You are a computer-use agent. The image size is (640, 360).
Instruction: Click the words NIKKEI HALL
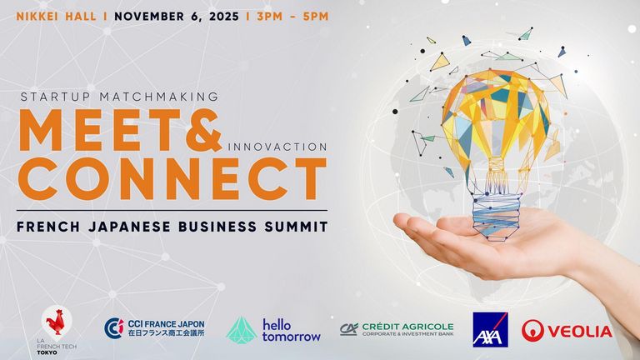[57, 17]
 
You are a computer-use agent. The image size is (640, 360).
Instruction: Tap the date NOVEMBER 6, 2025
[177, 17]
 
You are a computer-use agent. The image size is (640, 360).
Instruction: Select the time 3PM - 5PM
[292, 17]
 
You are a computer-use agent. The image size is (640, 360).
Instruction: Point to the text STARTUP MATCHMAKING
[120, 97]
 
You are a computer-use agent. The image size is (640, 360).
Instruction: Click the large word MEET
[100, 130]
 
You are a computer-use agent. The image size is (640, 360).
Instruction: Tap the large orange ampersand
[203, 130]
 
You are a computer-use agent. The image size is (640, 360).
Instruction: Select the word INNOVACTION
[277, 147]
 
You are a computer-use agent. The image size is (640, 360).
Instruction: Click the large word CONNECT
[172, 178]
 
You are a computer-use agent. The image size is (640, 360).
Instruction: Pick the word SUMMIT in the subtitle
[296, 227]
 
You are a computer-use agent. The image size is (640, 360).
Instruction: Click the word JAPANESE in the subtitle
[129, 227]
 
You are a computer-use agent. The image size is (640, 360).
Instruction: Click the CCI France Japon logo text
[166, 328]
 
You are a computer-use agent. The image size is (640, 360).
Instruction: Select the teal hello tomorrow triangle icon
[241, 330]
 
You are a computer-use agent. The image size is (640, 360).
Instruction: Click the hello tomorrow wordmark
[292, 331]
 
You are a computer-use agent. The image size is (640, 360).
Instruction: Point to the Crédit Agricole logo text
[407, 329]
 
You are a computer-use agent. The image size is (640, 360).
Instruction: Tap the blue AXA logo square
[490, 330]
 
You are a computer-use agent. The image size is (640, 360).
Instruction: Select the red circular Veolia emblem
[532, 331]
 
